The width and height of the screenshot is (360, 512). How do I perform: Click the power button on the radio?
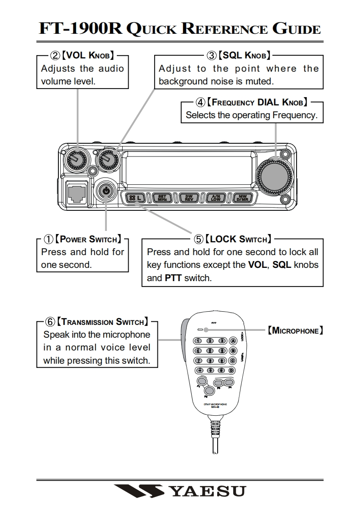coord(106,191)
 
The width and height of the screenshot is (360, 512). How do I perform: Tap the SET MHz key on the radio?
coord(162,198)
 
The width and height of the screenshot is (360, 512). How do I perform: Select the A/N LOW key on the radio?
coord(216,198)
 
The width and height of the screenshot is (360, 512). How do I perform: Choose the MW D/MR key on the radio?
coord(242,198)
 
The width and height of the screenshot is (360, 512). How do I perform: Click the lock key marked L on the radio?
coord(136,198)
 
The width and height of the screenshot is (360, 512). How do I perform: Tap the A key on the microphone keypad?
coord(232,340)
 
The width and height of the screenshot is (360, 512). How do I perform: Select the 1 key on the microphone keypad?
coord(198,340)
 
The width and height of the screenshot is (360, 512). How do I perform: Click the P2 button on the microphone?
coord(209,390)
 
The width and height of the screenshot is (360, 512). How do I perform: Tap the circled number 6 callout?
coord(49,322)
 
